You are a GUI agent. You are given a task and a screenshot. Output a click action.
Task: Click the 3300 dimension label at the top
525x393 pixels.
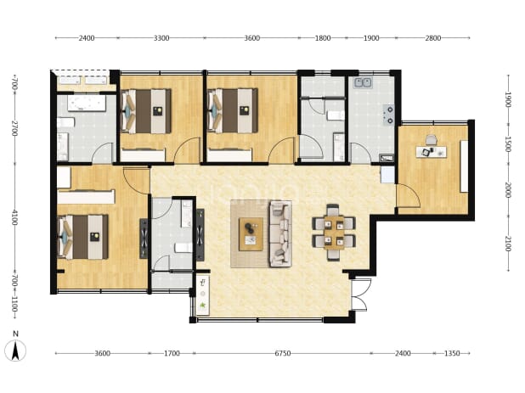161,38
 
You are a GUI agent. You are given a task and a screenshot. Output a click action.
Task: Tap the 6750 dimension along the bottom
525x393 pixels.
283,353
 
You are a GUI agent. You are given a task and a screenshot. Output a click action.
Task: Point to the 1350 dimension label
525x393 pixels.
452,353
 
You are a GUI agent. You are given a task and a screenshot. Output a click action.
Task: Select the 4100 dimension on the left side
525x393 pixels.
14,217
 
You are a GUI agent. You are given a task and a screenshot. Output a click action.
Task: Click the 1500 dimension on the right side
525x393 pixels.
508,144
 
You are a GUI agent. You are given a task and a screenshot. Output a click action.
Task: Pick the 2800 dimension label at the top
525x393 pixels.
433,38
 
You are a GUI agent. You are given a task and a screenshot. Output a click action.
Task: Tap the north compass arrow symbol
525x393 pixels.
15,351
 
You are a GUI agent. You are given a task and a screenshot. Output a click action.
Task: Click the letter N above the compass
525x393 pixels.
15,334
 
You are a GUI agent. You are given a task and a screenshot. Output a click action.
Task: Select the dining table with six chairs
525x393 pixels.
334,232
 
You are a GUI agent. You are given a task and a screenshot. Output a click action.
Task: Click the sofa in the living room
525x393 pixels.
280,233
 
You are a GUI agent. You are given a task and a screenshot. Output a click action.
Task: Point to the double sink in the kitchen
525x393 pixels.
364,82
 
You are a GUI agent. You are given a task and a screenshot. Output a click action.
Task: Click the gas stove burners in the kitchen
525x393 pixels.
389,115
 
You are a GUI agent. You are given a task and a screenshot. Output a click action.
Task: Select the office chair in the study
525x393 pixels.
432,140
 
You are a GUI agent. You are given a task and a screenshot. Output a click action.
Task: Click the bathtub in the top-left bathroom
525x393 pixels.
87,104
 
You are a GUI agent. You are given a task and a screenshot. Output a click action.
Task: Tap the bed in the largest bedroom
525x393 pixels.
83,237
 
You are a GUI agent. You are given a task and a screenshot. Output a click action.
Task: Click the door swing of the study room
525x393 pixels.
408,195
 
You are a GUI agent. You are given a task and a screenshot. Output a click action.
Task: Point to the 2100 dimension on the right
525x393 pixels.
508,244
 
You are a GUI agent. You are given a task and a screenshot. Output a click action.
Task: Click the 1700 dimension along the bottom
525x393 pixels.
172,353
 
